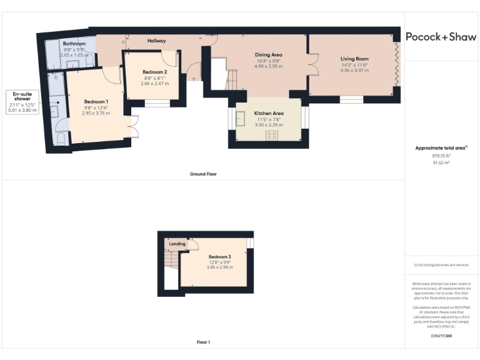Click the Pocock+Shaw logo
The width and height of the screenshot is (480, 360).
[441, 37]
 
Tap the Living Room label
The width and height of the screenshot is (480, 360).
[354, 58]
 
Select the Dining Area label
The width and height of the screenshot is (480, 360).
[268, 55]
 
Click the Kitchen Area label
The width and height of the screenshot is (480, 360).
[269, 114]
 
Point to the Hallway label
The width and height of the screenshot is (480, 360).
[156, 41]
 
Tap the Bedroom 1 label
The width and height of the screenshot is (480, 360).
[96, 102]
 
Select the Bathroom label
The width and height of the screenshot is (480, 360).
[73, 44]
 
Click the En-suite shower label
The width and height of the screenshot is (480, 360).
[22, 96]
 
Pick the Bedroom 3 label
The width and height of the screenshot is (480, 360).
[220, 257]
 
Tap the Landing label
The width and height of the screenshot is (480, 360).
[177, 244]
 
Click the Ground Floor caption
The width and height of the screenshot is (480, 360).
[202, 174]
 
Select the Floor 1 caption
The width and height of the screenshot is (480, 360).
[202, 342]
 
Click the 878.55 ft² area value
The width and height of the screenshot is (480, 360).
[441, 156]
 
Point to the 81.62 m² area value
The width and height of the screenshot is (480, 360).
[441, 163]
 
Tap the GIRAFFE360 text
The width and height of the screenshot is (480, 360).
[441, 336]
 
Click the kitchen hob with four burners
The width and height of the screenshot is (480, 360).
[272, 136]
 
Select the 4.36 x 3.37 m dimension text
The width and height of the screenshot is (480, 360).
[354, 70]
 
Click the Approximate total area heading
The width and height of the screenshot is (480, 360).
[441, 147]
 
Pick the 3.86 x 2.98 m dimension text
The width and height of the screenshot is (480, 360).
[220, 267]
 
